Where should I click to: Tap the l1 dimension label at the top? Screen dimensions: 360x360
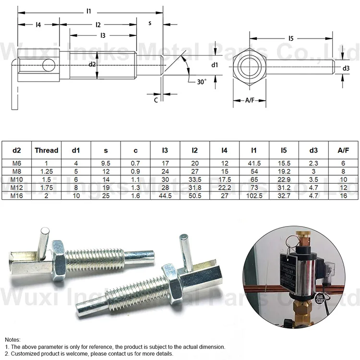point(89,11)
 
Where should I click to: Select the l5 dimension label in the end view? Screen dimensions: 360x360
point(291,38)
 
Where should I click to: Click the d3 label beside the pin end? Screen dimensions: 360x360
point(346,69)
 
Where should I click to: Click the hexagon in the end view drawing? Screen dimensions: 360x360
point(250,65)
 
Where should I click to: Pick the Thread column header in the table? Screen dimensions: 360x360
point(47,150)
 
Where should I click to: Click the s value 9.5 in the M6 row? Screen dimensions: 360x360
point(106,164)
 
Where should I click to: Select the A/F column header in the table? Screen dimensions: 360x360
point(343,150)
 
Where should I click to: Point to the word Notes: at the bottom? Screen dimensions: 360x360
point(13,339)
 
